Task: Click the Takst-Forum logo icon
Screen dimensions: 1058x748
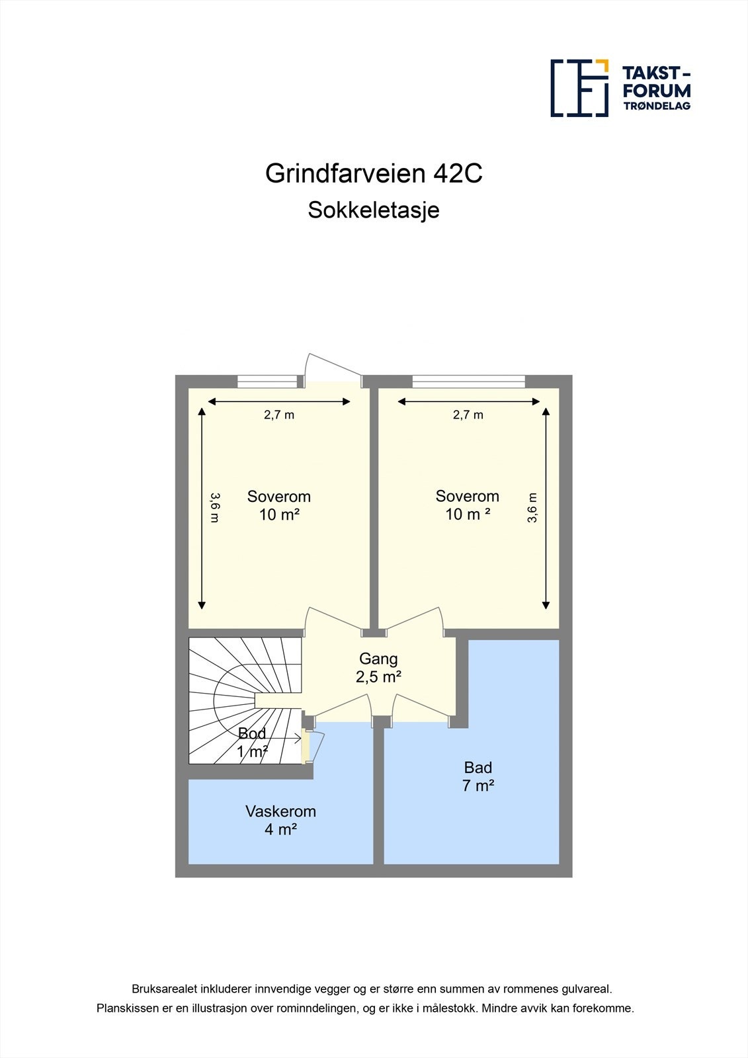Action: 579,88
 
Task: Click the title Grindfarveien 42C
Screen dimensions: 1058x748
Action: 374,173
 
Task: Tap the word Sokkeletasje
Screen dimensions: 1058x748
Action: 374,210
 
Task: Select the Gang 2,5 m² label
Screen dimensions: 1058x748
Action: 378,668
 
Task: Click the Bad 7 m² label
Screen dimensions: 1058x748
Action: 478,776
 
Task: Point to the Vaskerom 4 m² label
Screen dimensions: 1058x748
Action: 280,820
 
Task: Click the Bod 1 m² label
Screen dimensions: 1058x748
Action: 252,743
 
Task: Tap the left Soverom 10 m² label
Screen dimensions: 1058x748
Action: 278,505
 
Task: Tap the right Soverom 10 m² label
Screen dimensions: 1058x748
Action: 467,505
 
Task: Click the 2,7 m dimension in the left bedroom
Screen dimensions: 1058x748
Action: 279,415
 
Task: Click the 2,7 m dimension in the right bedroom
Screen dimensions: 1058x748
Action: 468,415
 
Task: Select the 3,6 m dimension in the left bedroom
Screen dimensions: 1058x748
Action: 214,507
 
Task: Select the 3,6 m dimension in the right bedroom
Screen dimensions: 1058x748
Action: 532,508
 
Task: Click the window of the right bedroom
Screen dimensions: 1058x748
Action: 468,381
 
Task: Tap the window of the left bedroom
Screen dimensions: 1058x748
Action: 267,381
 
